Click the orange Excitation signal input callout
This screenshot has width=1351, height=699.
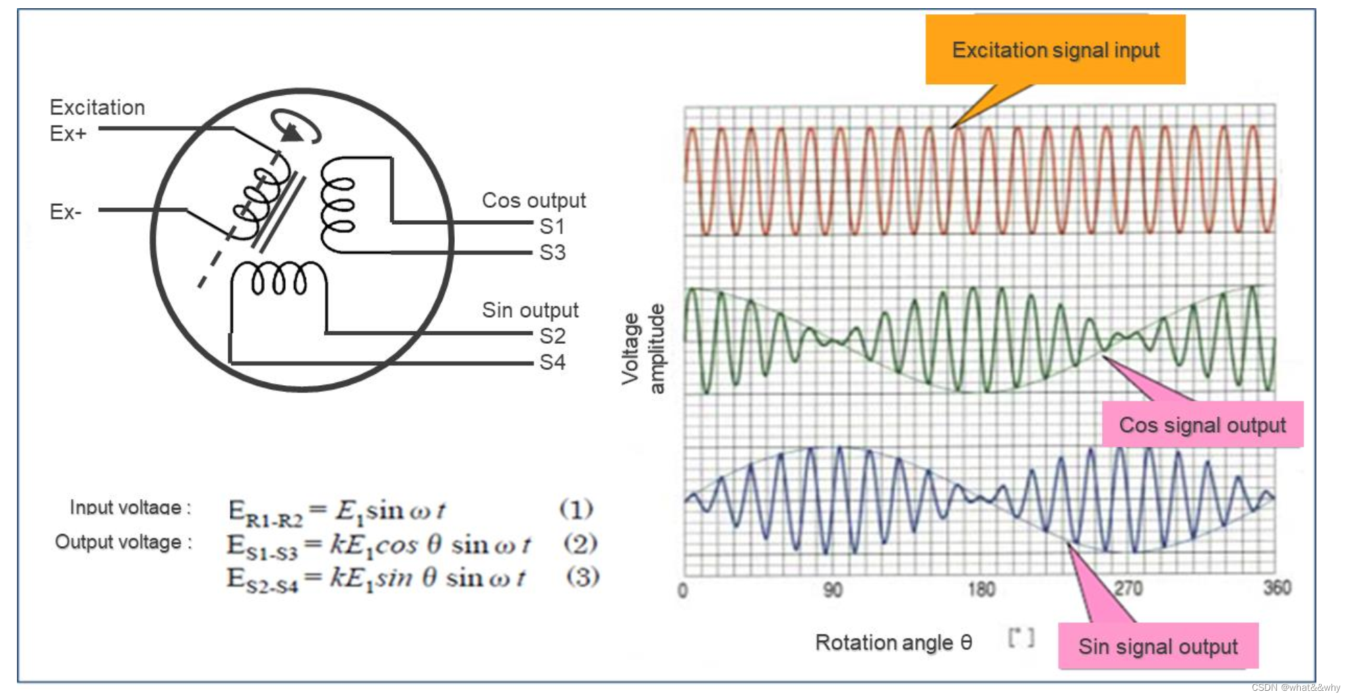pos(1055,50)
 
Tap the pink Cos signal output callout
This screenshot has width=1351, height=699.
pos(1202,425)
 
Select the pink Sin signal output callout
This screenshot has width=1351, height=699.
pos(1158,646)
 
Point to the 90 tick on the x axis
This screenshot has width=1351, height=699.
pos(833,590)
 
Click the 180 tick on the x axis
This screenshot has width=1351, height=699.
pos(981,589)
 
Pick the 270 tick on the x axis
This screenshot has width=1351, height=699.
pos(1128,588)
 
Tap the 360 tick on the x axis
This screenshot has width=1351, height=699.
pos(1276,588)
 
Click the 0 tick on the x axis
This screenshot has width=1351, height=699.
pos(683,590)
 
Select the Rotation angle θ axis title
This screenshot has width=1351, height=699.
pos(893,642)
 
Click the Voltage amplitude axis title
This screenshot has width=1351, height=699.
pos(642,348)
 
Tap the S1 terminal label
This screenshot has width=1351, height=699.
pos(552,226)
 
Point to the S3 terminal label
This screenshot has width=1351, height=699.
pos(552,253)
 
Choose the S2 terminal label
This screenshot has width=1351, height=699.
pos(552,336)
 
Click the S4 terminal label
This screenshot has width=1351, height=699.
pos(552,362)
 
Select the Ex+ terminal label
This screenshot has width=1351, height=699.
pos(68,133)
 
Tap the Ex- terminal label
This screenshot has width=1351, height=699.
pos(65,212)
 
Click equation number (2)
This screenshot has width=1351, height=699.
pos(580,543)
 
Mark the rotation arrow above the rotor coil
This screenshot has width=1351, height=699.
pos(295,127)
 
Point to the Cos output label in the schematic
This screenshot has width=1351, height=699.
pos(534,200)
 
